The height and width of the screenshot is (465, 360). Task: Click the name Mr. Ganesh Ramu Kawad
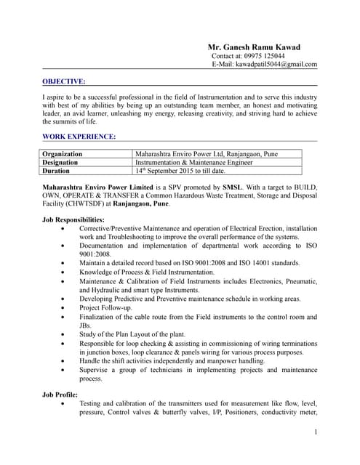(x=254, y=47)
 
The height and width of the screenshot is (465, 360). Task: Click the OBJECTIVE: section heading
(x=64, y=81)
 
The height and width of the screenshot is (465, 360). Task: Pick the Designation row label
(x=60, y=163)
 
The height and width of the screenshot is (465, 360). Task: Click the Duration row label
(x=56, y=171)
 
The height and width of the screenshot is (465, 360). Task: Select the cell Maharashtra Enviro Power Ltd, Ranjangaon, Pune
(x=207, y=154)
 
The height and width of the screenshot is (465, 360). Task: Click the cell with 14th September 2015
(x=180, y=171)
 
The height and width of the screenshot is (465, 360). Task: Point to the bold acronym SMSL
(x=233, y=187)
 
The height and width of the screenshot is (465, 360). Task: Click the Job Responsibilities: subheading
(x=73, y=219)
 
